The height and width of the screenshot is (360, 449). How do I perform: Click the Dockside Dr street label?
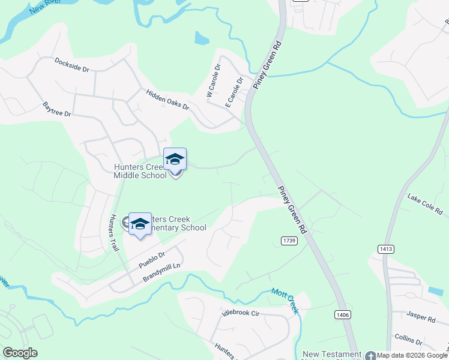click(71, 65)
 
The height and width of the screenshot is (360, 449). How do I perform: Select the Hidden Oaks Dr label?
click(167, 100)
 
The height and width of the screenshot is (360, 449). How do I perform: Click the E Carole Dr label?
click(234, 92)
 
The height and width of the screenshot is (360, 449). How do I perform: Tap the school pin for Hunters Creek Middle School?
click(175, 160)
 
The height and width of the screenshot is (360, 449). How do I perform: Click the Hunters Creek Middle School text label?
click(140, 171)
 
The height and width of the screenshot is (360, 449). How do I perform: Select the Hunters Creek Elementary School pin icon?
click(140, 224)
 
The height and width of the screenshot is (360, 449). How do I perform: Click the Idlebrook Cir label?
click(240, 313)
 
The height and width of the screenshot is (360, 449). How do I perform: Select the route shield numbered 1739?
click(289, 240)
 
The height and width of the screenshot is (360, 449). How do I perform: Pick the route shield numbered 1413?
click(386, 248)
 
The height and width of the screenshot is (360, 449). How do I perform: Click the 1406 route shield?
click(343, 314)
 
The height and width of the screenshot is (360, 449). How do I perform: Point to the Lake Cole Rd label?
click(424, 204)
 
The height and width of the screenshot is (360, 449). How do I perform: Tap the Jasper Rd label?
click(421, 317)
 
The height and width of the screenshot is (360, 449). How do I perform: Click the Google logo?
click(20, 353)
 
